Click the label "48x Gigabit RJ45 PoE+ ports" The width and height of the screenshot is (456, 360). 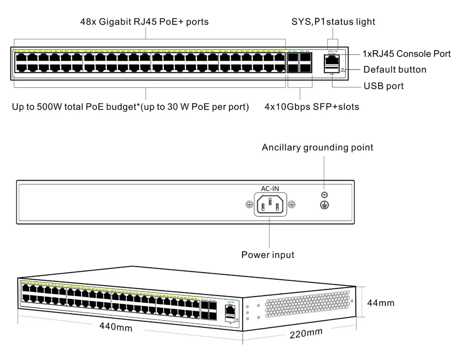point(144,22)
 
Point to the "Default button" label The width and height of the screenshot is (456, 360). point(395,70)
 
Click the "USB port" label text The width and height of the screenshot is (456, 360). point(384,87)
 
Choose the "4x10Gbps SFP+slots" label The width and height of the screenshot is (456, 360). point(312,107)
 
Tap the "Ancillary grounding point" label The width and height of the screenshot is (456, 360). point(318,148)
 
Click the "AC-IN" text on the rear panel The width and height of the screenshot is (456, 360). point(270,189)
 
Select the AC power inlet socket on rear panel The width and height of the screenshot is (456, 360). point(270,205)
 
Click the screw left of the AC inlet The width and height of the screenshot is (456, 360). point(249,204)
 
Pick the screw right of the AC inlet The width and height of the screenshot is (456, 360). point(292,204)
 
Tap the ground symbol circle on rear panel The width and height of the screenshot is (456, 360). point(324,204)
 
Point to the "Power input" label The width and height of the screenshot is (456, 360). point(268,255)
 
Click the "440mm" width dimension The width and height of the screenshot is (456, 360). point(116,327)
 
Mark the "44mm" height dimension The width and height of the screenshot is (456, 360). point(381,303)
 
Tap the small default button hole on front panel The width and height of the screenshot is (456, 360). point(343,69)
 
